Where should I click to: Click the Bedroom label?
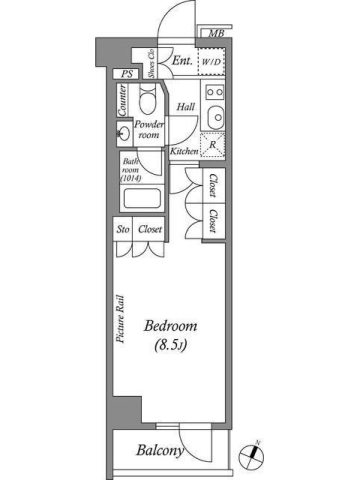(170, 326)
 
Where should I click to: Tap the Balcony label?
(160, 451)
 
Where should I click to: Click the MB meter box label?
(216, 33)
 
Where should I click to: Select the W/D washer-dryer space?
(212, 61)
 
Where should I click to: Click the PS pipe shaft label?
(127, 74)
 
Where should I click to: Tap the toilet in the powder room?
(148, 98)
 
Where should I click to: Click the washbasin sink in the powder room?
(124, 133)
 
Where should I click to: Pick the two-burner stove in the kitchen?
(215, 92)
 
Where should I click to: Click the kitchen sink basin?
(216, 117)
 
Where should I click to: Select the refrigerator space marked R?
(213, 145)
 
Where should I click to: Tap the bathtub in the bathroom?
(142, 199)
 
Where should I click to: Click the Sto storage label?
(123, 229)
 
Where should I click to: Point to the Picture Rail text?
(120, 319)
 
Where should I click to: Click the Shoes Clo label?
(151, 63)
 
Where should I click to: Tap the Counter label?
(122, 100)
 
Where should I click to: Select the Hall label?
(185, 107)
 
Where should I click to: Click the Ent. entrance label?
(182, 61)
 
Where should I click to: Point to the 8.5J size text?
(170, 345)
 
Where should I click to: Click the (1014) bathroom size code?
(131, 178)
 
